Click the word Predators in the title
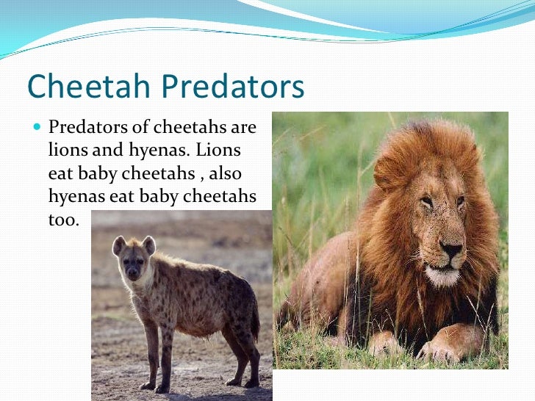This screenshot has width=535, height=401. (x=234, y=87)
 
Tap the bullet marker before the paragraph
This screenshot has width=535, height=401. (x=38, y=127)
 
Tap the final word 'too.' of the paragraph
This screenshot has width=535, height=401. (x=62, y=219)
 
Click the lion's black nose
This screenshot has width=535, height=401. (x=450, y=250)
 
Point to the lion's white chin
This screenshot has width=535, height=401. (x=442, y=277)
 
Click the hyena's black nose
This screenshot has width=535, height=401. (x=132, y=273)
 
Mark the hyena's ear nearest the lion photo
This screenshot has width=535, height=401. (x=149, y=244)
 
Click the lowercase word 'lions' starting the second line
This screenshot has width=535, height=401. (x=67, y=151)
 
